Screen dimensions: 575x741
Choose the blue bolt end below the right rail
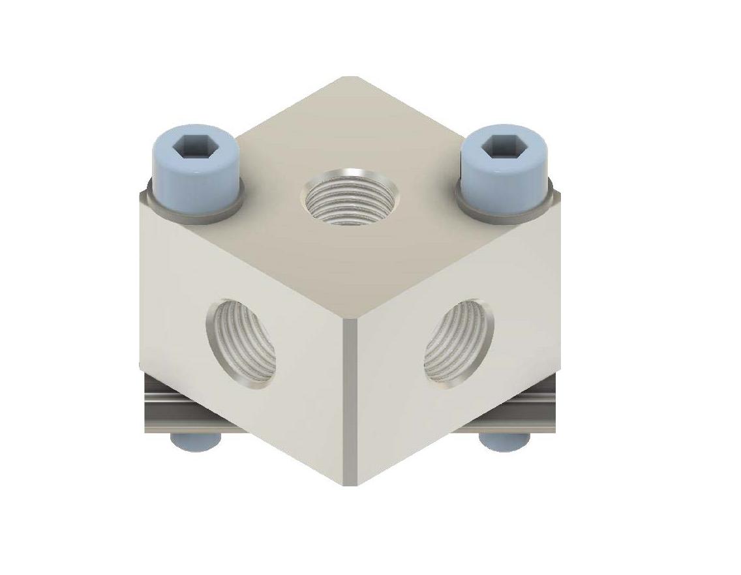point(499,442)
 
